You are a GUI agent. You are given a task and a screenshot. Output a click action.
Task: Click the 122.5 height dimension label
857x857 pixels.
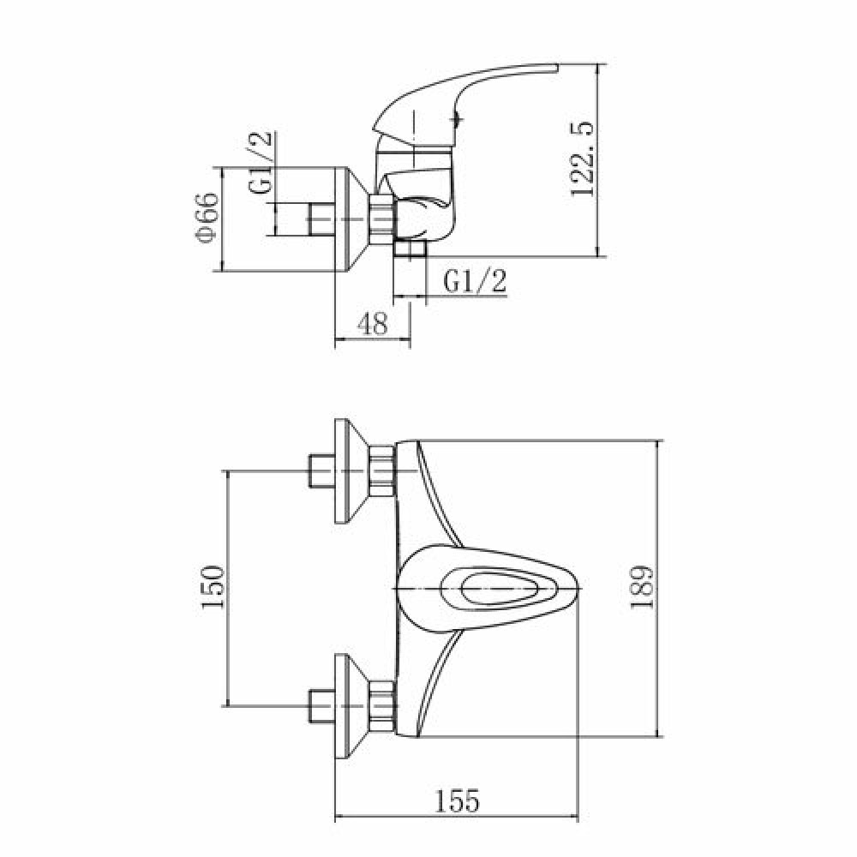pos(580,159)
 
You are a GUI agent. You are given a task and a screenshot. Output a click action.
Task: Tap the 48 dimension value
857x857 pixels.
pos(372,324)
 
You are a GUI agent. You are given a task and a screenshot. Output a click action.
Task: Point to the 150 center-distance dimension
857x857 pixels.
pos(213,587)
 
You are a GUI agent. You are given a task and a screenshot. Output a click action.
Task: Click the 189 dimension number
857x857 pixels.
pos(642,588)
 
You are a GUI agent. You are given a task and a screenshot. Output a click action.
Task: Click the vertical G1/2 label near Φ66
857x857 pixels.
pos(261,162)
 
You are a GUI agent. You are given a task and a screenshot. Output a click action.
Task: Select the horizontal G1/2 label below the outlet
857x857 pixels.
pos(475,282)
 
